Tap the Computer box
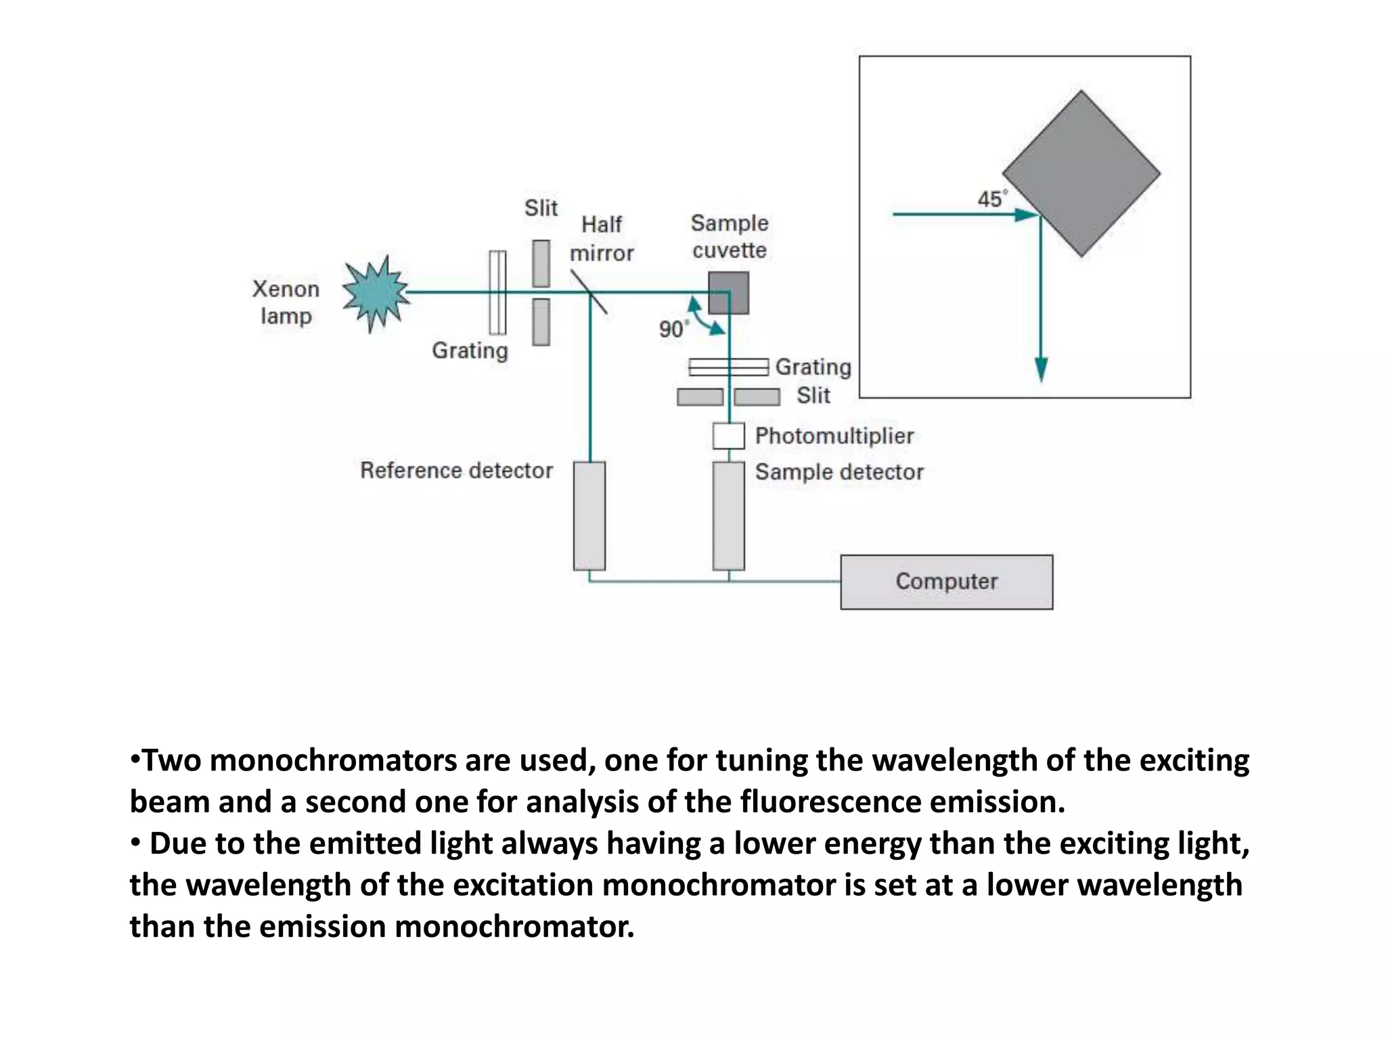(x=946, y=582)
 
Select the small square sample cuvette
(x=729, y=293)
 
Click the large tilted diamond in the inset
(x=1081, y=174)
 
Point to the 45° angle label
(x=991, y=199)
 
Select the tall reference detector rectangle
(x=589, y=515)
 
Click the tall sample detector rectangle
(x=728, y=515)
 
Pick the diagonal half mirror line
(x=588, y=292)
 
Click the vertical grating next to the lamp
(x=497, y=292)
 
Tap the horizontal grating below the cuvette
(x=728, y=367)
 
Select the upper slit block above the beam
(x=541, y=263)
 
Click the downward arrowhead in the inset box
(x=1041, y=370)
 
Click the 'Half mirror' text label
(x=601, y=238)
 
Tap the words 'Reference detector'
(x=456, y=470)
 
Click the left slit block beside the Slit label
(x=700, y=397)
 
